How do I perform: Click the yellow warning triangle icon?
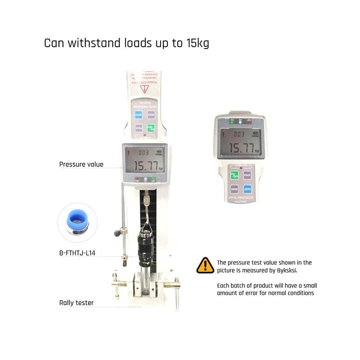tap(205, 265)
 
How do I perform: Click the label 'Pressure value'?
tap(81, 164)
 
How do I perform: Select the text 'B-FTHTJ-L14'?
tap(77, 253)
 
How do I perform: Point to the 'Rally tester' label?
tap(76, 303)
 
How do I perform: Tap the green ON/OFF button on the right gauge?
tap(234, 175)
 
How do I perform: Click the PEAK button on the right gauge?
tap(247, 175)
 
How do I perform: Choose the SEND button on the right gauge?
tap(234, 189)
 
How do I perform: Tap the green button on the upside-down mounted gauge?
tap(152, 128)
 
